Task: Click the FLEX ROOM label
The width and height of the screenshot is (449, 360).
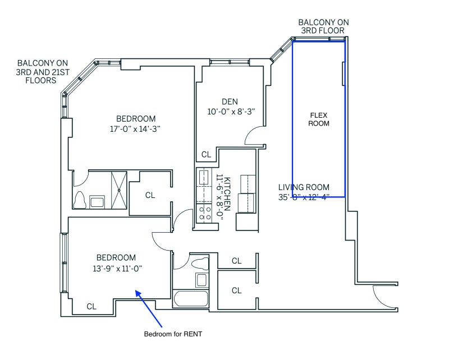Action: [319, 119]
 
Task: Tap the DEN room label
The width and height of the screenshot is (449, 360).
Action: [230, 101]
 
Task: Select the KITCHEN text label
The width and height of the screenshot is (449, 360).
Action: [227, 194]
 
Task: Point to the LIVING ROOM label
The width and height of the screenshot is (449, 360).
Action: [304, 187]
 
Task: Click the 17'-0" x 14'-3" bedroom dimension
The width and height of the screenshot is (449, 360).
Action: [135, 129]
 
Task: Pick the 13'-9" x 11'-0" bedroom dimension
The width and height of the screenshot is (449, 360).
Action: [117, 269]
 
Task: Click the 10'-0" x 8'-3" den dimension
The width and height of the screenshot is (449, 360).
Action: [231, 112]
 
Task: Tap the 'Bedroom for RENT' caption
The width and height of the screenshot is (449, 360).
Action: [173, 334]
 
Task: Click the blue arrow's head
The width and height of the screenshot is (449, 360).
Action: [138, 293]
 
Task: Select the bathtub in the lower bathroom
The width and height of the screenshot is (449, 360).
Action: [190, 299]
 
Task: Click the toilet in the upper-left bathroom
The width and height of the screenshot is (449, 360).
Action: [80, 200]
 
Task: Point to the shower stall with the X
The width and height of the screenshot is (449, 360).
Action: [119, 190]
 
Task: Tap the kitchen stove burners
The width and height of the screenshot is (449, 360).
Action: [204, 213]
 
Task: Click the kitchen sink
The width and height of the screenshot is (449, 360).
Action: [204, 177]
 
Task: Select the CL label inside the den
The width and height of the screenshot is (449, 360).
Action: [206, 155]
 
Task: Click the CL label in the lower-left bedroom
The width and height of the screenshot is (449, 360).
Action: [91, 307]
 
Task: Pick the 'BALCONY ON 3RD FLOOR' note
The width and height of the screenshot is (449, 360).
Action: [324, 26]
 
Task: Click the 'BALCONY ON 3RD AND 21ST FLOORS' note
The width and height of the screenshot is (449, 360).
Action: [43, 72]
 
